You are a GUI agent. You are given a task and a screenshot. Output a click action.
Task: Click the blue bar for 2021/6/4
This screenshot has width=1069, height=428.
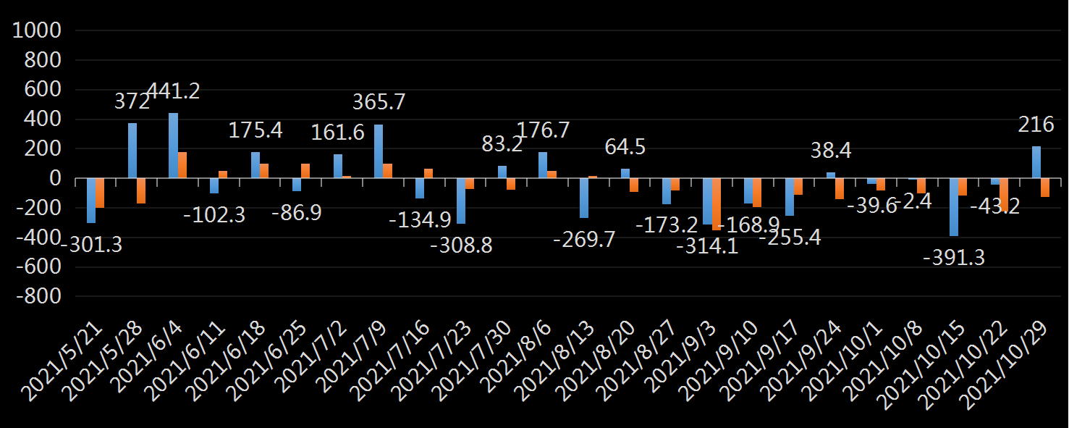pyautogui.click(x=173, y=146)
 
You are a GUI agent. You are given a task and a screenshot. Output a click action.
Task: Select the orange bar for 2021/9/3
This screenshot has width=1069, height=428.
pyautogui.click(x=717, y=204)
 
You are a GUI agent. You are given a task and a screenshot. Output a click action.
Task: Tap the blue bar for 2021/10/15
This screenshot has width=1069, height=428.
pyautogui.click(x=954, y=207)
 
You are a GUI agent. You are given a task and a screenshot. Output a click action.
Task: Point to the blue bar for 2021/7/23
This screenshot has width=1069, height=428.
pyautogui.click(x=461, y=201)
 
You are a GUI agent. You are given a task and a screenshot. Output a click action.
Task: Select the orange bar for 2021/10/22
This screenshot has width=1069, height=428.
pyautogui.click(x=1004, y=195)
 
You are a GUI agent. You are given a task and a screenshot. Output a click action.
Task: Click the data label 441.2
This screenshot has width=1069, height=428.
pyautogui.click(x=173, y=91)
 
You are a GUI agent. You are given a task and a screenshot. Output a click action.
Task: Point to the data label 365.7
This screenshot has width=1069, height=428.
pyautogui.click(x=379, y=102)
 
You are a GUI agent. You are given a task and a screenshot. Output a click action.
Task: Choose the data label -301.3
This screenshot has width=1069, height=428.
pyautogui.click(x=90, y=245)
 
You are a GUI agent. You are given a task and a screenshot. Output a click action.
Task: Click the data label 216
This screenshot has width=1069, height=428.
pyautogui.click(x=1036, y=125)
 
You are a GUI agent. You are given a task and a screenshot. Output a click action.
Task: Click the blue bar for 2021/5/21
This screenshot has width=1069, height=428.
pyautogui.click(x=91, y=201)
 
